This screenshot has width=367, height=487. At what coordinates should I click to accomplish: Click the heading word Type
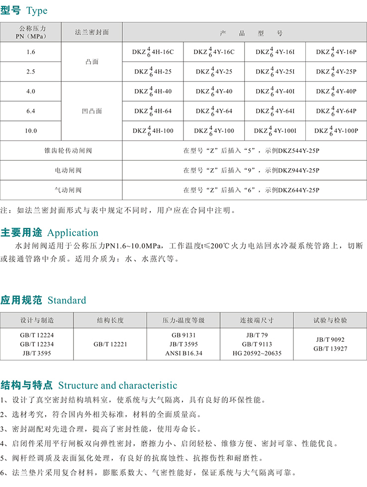click(37, 10)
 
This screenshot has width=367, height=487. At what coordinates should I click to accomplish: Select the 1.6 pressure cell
click(30, 52)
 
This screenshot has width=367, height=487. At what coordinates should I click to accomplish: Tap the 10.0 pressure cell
click(30, 131)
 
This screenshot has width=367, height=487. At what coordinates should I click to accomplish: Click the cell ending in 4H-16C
click(153, 52)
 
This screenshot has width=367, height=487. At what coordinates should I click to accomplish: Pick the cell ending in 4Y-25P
click(336, 72)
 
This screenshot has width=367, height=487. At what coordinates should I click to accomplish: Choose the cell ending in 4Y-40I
click(275, 92)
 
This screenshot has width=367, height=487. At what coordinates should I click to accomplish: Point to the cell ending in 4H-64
click(153, 111)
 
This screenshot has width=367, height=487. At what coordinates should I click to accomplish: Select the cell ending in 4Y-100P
click(336, 131)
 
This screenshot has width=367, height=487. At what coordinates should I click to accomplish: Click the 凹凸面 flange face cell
click(92, 111)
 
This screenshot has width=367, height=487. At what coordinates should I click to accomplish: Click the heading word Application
click(73, 233)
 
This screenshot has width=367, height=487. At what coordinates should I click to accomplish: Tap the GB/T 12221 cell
click(110, 344)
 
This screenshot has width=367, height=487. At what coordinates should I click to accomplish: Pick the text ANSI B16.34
click(183, 353)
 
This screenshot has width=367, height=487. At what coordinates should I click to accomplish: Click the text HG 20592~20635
click(257, 353)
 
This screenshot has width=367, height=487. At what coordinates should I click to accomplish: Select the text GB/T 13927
click(330, 349)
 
